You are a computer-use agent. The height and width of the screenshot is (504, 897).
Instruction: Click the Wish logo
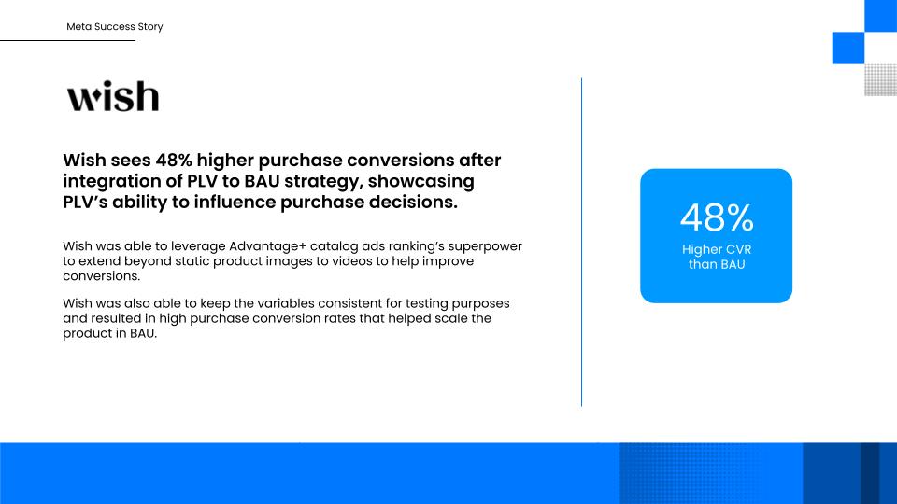(113, 95)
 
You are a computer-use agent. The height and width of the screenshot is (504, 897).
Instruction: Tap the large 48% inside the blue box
(717, 217)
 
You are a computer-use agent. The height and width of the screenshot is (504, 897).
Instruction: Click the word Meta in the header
(78, 26)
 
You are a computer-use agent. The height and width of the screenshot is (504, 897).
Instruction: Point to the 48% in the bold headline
(174, 160)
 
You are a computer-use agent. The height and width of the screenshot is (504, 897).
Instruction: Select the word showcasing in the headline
(421, 182)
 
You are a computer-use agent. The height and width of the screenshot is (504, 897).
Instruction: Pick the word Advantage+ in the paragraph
(268, 246)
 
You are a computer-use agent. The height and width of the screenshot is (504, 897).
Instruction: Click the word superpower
(485, 246)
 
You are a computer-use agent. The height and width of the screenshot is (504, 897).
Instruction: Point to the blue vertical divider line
(582, 243)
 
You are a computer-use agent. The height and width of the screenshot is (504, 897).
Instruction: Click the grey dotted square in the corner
(880, 80)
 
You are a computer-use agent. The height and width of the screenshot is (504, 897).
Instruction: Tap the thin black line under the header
(67, 40)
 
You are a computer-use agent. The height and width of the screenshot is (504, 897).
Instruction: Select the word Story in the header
(150, 27)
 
